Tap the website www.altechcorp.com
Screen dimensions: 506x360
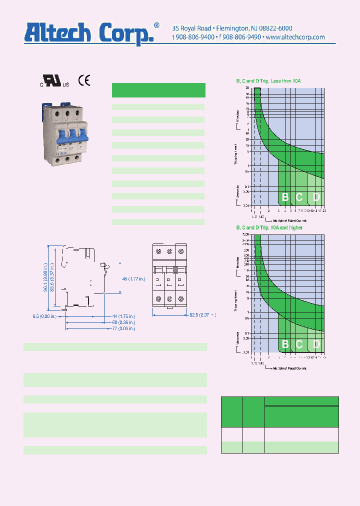pyautogui.click(x=295, y=37)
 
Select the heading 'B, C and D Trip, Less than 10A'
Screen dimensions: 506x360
pyautogui.click(x=268, y=81)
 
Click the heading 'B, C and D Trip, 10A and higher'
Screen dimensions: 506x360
pyautogui.click(x=269, y=228)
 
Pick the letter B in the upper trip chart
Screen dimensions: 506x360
pyautogui.click(x=285, y=197)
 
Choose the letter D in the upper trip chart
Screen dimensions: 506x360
pyautogui.click(x=316, y=197)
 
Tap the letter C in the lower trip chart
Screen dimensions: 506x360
pyautogui.click(x=299, y=344)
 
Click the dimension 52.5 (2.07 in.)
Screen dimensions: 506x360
pyautogui.click(x=202, y=315)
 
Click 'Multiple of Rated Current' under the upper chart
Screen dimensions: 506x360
pyautogui.click(x=289, y=220)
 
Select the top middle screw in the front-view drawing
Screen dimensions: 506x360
pyautogui.click(x=169, y=250)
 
